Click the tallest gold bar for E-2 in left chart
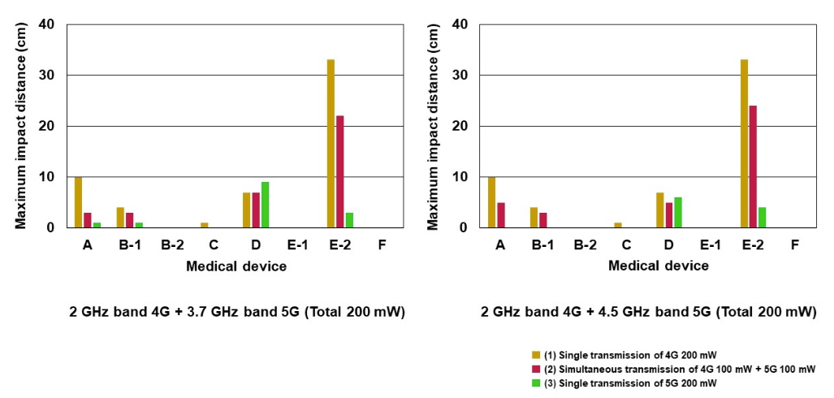[331, 144]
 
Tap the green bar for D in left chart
[265, 205]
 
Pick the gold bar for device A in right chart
[492, 202]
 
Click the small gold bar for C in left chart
[205, 225]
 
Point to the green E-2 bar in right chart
[763, 218]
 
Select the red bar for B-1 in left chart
[129, 220]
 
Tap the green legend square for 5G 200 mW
[535, 383]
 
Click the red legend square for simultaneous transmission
[535, 369]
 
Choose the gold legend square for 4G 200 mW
[535, 354]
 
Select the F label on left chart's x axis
[382, 244]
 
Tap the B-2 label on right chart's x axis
[585, 244]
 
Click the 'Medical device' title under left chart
[236, 266]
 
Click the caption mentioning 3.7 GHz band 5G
[236, 312]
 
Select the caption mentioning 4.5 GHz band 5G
[648, 312]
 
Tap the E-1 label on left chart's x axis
[297, 244]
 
